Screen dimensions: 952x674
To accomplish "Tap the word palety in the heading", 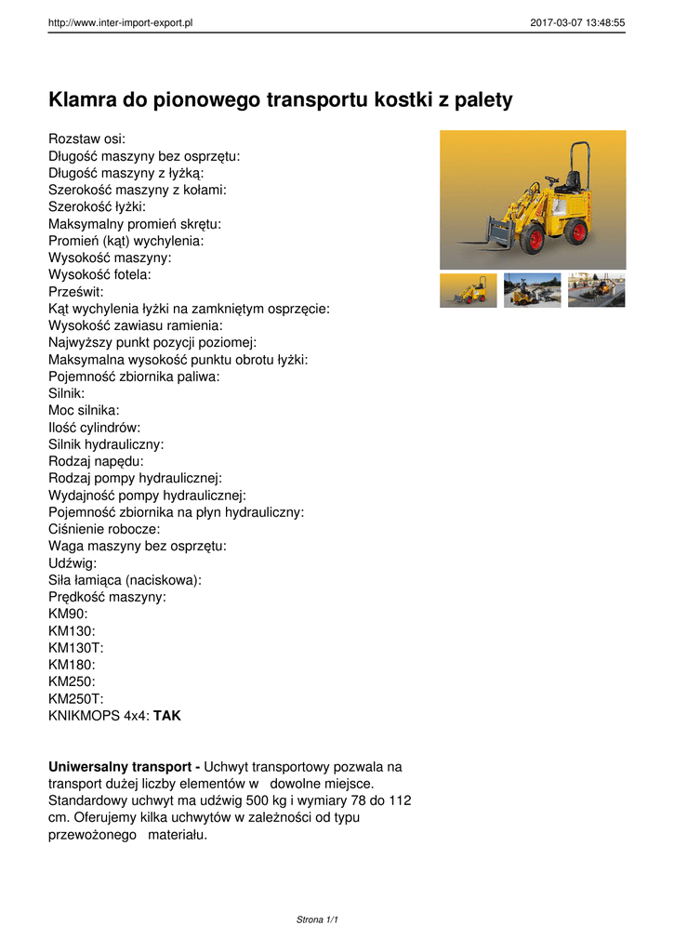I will pos(481,99).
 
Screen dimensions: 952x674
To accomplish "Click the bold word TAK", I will pos(167,716).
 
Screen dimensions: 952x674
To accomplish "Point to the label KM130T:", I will pos(75,648).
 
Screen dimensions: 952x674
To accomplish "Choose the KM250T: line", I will pos(75,699).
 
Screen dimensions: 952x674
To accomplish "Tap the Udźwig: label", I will pos(73,563).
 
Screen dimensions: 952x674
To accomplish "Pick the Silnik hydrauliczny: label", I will pos(106,444).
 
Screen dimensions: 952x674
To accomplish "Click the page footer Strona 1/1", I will pos(317,919).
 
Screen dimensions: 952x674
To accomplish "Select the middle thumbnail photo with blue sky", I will pos(532,290).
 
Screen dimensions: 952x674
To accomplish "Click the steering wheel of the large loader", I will pos(551,178).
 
